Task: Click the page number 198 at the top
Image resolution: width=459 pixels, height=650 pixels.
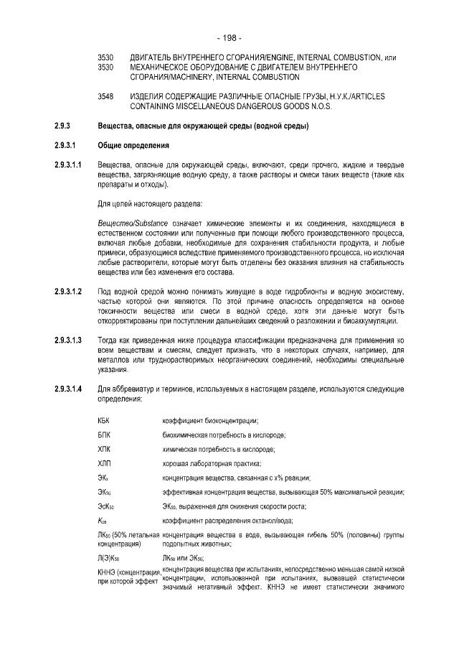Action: [x=229, y=37]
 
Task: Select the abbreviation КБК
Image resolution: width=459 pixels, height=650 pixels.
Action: [x=105, y=421]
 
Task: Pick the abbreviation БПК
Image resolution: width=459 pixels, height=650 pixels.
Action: [x=105, y=435]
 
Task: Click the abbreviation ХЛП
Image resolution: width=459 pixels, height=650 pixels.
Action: [x=105, y=463]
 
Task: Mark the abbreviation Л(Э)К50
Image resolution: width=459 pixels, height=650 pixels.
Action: [x=109, y=557]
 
